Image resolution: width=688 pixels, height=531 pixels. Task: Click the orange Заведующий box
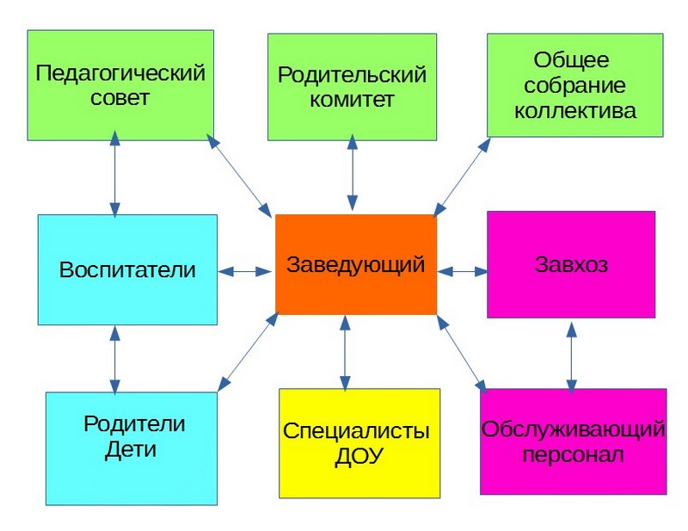pos(355,264)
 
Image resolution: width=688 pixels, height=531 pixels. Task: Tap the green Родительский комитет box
pos(352,86)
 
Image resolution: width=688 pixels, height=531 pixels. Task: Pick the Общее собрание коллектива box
pos(574,84)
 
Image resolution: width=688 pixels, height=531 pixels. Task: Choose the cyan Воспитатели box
pos(127,269)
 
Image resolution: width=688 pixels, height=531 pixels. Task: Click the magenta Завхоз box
pos(571,264)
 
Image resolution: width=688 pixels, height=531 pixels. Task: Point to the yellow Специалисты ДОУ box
pos(359,442)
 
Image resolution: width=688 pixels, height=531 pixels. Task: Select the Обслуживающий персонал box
pos(573,441)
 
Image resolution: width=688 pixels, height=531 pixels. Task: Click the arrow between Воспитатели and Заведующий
pos(246,271)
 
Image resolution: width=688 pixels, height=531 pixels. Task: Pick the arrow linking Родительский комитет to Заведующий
pos(351,176)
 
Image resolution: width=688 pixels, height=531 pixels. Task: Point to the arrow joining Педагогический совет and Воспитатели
pos(114,176)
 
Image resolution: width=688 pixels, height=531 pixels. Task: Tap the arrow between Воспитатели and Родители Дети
pos(114,358)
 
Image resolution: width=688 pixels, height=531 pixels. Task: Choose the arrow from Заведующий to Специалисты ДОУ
pos(345,351)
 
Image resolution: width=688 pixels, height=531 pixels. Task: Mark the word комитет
pos(353,100)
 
